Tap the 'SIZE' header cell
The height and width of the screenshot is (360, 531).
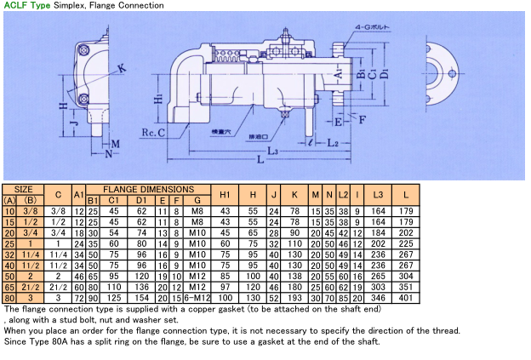(25, 189)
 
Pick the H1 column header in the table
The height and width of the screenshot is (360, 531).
(226, 194)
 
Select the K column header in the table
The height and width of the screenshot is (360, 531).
(294, 194)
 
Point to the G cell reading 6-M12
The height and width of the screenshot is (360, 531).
(197, 299)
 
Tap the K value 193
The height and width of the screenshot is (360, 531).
(294, 299)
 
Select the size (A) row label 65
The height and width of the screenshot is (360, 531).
(10, 288)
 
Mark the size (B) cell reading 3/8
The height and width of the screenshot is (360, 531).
(30, 210)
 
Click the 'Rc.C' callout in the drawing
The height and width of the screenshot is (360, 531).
(153, 133)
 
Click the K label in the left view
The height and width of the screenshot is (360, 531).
(122, 67)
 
